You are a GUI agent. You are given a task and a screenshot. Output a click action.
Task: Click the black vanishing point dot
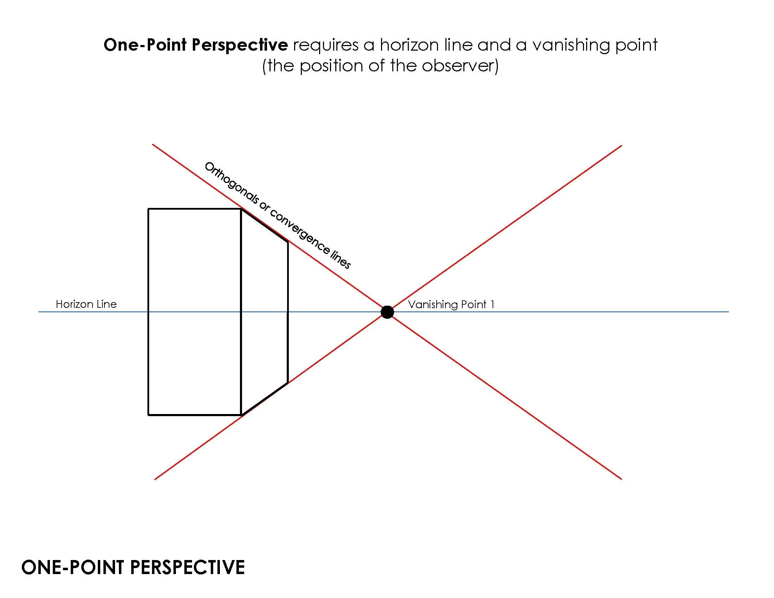click(387, 312)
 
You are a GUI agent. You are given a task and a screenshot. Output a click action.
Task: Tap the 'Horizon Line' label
click(86, 304)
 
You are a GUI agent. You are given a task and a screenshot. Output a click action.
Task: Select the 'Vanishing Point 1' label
click(451, 304)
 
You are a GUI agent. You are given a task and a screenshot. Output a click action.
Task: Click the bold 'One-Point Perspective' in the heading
click(196, 45)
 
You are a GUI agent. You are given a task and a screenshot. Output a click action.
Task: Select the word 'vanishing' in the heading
click(570, 45)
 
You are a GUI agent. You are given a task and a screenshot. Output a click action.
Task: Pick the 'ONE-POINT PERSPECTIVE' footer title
click(133, 567)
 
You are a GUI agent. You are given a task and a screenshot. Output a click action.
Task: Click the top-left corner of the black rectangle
click(148, 209)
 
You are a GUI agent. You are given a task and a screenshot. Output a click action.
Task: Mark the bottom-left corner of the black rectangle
click(148, 415)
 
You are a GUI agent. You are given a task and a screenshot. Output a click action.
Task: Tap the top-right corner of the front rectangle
click(241, 209)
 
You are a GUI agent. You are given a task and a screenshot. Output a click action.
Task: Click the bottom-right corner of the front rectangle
click(241, 415)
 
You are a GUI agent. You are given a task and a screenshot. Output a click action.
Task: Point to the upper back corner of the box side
click(287, 242)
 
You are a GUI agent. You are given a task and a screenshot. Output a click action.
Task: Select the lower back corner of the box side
click(287, 383)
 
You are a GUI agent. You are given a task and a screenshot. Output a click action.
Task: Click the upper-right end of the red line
click(621, 146)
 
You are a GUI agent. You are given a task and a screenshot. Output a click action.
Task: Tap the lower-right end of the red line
click(621, 479)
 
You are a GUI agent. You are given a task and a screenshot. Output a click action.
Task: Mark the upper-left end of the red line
click(153, 145)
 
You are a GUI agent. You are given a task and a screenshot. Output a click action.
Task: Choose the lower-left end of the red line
click(155, 479)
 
